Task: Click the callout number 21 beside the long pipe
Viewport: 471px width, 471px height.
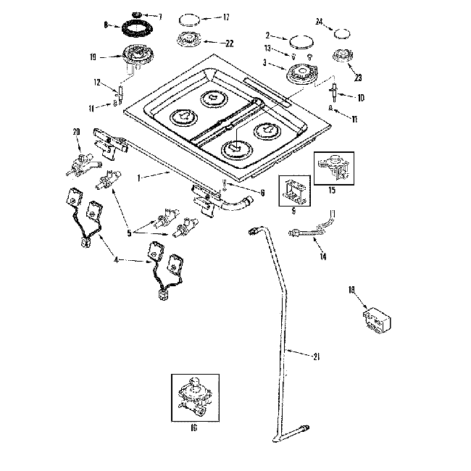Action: coord(316,357)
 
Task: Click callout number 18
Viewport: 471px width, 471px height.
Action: coord(351,291)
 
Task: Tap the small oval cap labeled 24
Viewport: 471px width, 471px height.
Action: coord(341,33)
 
